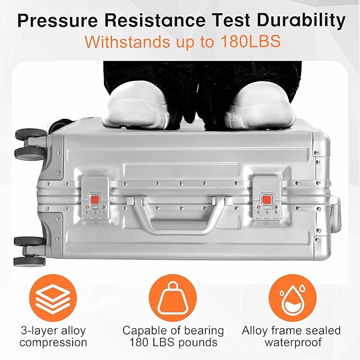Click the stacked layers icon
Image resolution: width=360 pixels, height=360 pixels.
click(x=52, y=297)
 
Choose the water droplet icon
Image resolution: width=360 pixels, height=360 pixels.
click(x=291, y=297)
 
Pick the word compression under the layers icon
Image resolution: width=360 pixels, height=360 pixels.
click(x=58, y=343)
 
